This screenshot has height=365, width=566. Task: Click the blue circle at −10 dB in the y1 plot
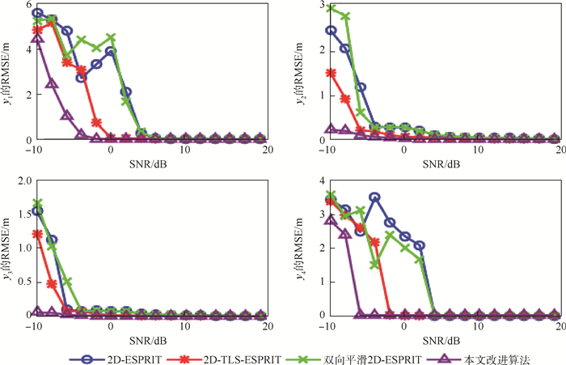coord(37,13)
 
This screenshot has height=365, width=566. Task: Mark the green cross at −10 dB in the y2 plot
coord(331,8)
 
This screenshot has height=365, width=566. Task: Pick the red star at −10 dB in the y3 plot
coord(37,234)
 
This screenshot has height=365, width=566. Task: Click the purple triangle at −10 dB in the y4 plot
coord(331,219)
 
